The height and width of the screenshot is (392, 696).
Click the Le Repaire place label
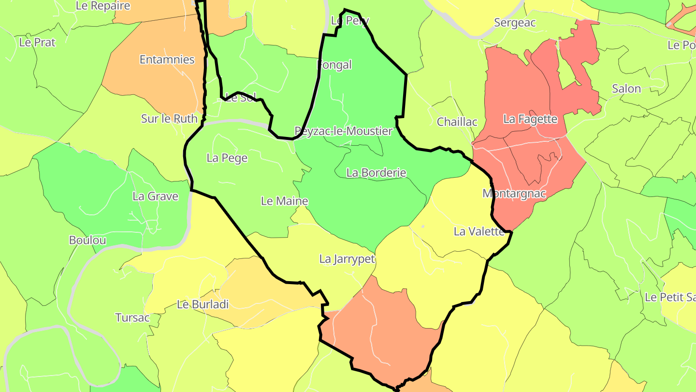click(x=103, y=6)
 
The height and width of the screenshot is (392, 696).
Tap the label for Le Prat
click(x=37, y=42)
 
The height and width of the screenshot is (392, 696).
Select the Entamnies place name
click(x=167, y=60)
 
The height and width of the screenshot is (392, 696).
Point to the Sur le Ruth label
click(x=169, y=119)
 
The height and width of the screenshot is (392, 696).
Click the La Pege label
click(x=227, y=158)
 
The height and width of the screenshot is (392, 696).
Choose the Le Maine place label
click(x=285, y=201)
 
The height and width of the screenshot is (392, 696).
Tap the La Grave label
click(x=155, y=196)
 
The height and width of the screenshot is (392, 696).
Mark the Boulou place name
click(x=87, y=240)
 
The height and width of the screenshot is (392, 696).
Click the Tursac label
click(x=132, y=318)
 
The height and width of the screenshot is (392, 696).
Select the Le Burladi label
click(x=203, y=304)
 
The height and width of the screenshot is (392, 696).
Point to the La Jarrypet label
click(x=347, y=259)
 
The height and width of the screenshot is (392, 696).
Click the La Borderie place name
click(x=377, y=173)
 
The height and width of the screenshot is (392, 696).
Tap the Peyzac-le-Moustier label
click(x=344, y=131)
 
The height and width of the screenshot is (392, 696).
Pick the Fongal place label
click(x=334, y=65)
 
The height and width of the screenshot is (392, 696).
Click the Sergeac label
click(x=515, y=23)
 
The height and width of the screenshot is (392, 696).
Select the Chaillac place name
click(x=457, y=122)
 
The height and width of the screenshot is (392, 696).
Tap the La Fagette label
click(x=530, y=119)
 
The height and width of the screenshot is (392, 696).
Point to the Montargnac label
click(x=514, y=194)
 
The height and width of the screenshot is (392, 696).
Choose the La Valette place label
click(x=479, y=231)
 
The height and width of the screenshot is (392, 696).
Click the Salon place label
click(x=626, y=89)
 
